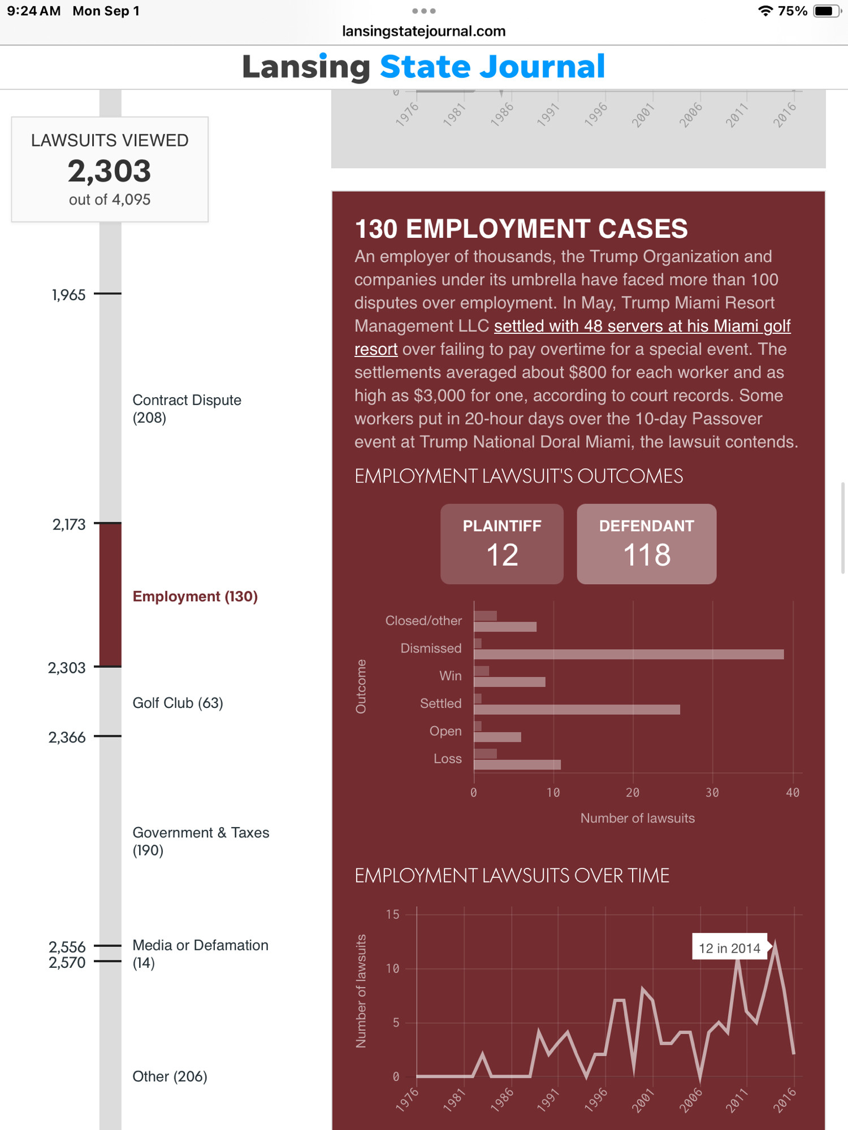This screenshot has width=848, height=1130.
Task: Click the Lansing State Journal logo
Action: coord(423,67)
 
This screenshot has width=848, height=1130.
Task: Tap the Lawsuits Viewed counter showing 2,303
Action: coord(110,169)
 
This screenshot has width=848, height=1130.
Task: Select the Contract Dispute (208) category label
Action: coord(187,408)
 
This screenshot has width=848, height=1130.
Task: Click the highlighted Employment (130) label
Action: coord(195,597)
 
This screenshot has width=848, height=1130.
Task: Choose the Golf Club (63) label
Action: coord(178,703)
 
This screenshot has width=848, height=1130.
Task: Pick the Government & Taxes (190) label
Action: coord(201,841)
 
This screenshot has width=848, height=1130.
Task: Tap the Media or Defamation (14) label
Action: coord(200,954)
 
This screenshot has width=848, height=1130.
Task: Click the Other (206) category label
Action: coord(170,1076)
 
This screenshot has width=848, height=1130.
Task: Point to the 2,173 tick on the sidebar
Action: coord(107,523)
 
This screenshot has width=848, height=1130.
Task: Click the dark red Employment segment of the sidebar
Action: coord(110,595)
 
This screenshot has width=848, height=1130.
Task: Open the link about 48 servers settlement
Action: coord(572,337)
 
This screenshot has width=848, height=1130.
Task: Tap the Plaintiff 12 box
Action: coord(502,544)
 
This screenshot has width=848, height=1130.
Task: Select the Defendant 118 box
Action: coord(646,544)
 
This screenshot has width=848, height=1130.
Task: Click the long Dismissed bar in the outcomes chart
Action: coord(629,654)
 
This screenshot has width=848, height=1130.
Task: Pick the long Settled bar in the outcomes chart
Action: coord(577,710)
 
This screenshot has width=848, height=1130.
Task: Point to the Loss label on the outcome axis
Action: coord(447,759)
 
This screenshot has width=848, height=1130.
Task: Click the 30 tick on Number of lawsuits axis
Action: coord(712,793)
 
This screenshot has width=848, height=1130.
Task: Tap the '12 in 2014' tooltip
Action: coord(730,948)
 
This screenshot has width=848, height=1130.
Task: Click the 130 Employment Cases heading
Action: coord(521,229)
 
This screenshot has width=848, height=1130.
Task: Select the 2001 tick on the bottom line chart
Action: coord(643,1100)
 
